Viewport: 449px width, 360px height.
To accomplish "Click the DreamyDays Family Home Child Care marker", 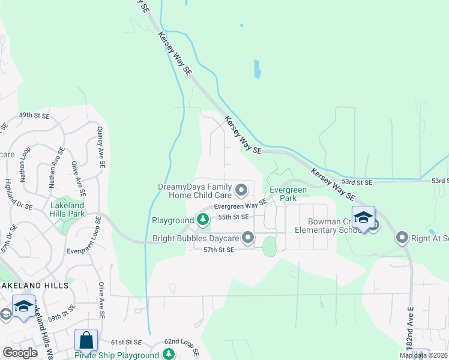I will [x=241, y=191].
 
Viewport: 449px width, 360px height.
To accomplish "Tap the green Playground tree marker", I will [x=203, y=221].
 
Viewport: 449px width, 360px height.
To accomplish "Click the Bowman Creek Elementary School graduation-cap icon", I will [x=363, y=217].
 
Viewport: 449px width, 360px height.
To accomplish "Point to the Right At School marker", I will [x=402, y=238].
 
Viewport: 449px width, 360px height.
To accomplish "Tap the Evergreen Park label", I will [x=288, y=194].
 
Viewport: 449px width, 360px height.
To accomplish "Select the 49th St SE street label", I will [x=33, y=115].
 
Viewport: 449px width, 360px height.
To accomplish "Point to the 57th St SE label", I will [x=218, y=249].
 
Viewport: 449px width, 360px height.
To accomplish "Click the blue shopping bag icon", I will [x=86, y=340].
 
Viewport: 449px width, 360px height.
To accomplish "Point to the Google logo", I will [x=20, y=353].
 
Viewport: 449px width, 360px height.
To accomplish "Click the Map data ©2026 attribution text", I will [x=423, y=355].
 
